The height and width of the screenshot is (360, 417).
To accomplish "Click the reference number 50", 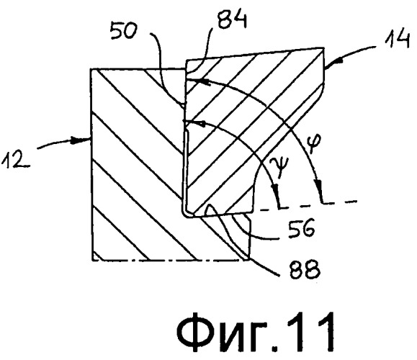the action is click(123, 30).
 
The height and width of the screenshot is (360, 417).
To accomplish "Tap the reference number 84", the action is click(232, 19).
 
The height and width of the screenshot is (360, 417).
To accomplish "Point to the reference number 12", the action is click(15, 159).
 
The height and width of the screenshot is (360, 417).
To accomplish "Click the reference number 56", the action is click(301, 228).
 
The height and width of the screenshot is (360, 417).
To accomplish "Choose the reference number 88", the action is click(304, 269).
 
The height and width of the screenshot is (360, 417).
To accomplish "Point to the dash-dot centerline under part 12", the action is click(170, 260).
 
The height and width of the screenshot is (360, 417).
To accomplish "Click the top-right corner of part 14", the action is click(324, 48).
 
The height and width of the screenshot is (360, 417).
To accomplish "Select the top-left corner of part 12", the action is click(91, 69).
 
